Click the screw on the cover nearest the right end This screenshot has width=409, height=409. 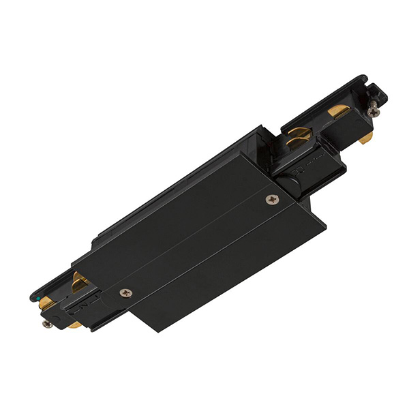pos(273,200)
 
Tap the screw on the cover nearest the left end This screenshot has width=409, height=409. pos(125,292)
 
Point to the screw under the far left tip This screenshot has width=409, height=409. pos(46,323)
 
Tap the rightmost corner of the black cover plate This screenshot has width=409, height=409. pos(309,202)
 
